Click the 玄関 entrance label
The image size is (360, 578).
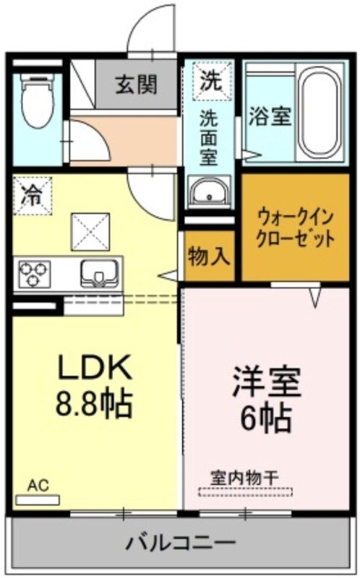(x=136, y=85)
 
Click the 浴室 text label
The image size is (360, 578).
(x=270, y=116)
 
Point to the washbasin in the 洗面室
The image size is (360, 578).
(x=210, y=193)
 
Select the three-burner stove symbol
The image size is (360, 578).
(x=35, y=274)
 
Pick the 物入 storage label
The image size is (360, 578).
(x=210, y=255)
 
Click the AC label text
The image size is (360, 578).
(x=38, y=485)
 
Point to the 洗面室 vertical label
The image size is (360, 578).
(x=210, y=137)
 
